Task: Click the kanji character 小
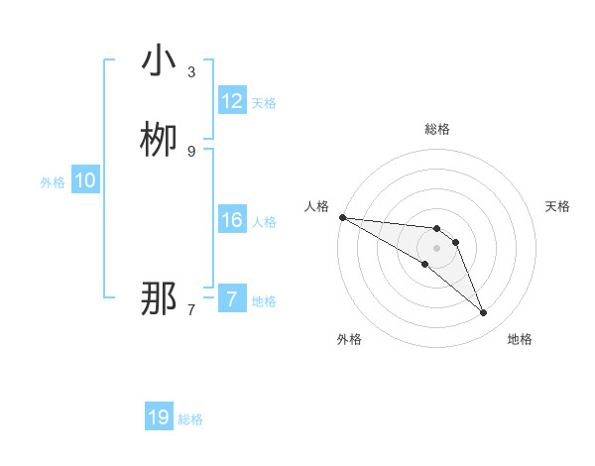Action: pos(158,61)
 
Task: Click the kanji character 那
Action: pos(158,298)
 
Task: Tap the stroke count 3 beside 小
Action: pos(191,72)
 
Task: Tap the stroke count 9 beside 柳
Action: pos(191,151)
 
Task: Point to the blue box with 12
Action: pos(232,101)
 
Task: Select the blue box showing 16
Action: pos(232,220)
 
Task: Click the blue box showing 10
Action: pos(85,180)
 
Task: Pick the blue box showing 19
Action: pos(159,417)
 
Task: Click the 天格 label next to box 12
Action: pos(264,103)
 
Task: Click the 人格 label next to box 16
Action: pos(264,222)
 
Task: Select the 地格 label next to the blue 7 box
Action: pos(264,301)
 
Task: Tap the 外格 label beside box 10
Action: pos(53,182)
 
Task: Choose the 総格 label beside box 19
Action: pos(190,419)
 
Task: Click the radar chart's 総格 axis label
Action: pos(437,129)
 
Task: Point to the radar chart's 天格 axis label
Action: pos(557,206)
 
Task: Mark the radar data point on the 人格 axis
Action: pos(342,217)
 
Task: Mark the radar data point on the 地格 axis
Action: pos(484,313)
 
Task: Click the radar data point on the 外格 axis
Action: pos(425,264)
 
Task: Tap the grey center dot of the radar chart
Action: pos(437,248)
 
